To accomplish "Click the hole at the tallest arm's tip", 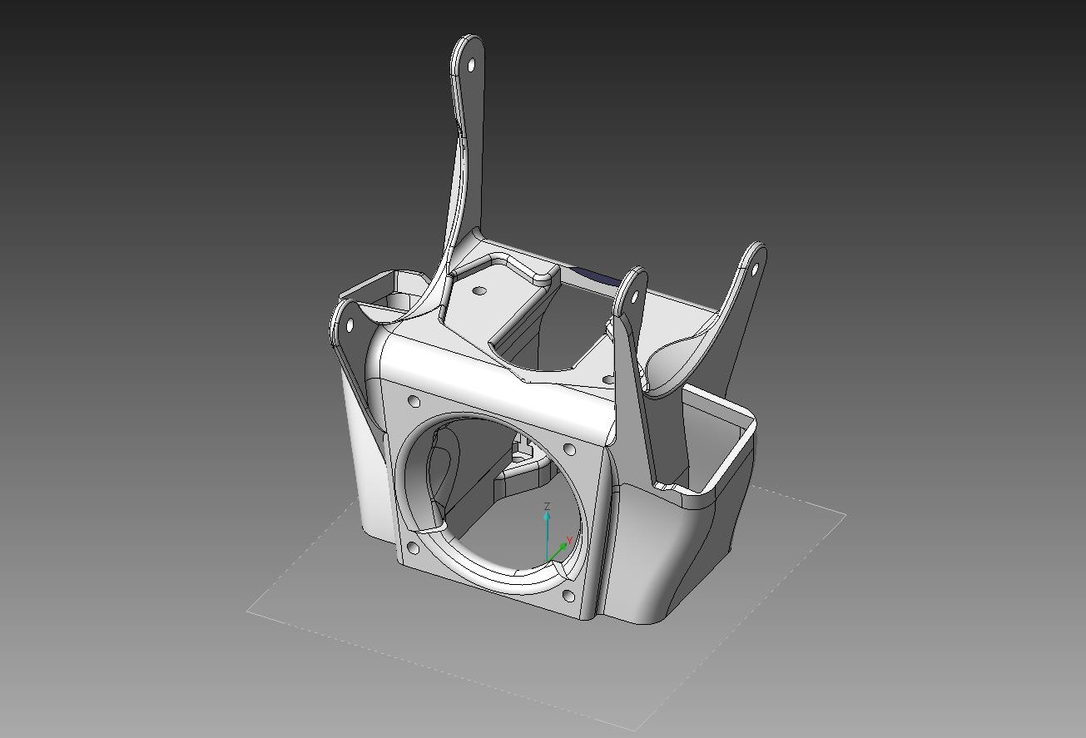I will [x=472, y=64].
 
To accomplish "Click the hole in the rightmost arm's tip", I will [x=755, y=270].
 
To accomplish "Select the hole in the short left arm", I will [x=348, y=325].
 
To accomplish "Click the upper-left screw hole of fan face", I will [x=414, y=402].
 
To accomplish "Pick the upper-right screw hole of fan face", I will [x=569, y=449].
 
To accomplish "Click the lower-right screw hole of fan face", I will [x=568, y=596].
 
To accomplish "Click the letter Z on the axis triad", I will [x=547, y=506].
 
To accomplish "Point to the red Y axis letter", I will [x=568, y=539].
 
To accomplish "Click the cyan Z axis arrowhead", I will [x=547, y=517].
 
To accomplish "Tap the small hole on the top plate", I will [x=479, y=291].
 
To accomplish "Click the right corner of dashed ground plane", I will [x=845, y=515].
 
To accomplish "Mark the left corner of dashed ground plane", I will [x=247, y=611].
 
